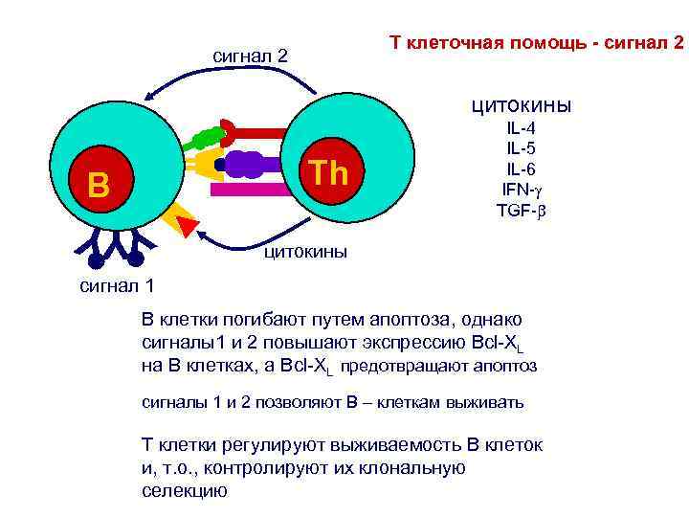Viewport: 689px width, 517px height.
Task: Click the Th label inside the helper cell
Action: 329,173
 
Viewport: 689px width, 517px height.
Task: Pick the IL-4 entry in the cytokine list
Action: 521,130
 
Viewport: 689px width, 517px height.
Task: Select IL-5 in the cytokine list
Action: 521,148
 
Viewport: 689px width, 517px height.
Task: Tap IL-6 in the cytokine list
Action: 521,168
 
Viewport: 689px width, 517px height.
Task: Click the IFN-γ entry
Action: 521,188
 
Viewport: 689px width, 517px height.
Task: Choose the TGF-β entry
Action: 521,209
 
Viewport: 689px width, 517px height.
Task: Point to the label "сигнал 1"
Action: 116,284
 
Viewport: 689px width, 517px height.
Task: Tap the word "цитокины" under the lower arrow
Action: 305,253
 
